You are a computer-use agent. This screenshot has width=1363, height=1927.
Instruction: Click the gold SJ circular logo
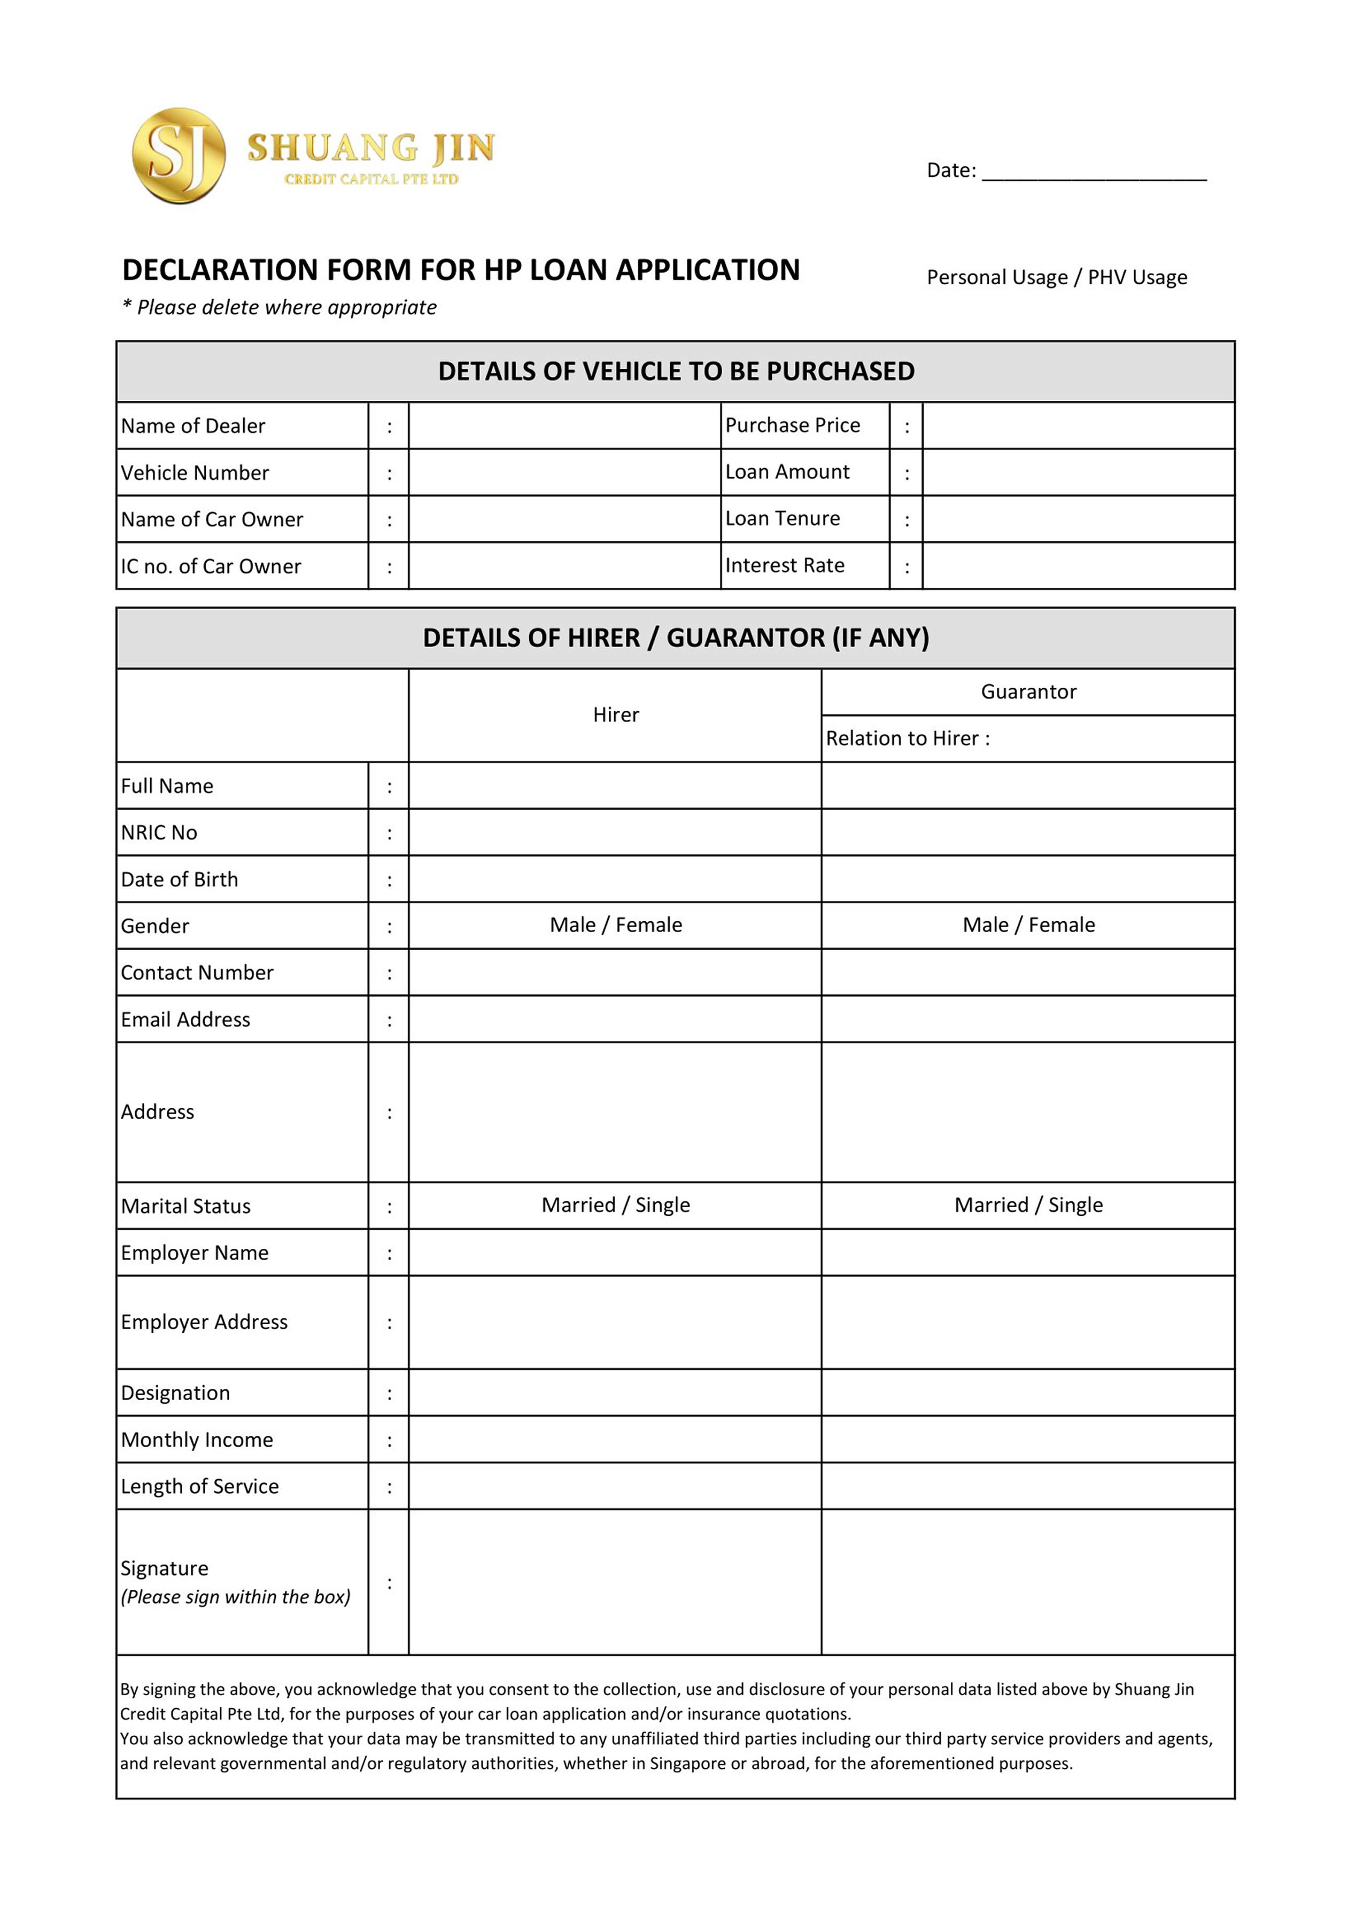click(x=178, y=156)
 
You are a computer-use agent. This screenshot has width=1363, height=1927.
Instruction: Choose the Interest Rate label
click(x=784, y=566)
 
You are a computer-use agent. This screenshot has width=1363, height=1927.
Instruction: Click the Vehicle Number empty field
click(x=564, y=472)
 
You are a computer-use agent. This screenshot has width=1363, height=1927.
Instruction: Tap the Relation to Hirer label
click(x=907, y=739)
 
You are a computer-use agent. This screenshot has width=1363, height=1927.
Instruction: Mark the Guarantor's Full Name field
click(x=1028, y=786)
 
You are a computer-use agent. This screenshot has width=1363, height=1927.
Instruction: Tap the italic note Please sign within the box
click(x=235, y=1597)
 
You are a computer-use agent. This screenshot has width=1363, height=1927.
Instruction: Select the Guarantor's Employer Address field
click(x=1028, y=1322)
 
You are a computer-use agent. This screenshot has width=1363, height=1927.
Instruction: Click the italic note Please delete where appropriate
click(x=280, y=307)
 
